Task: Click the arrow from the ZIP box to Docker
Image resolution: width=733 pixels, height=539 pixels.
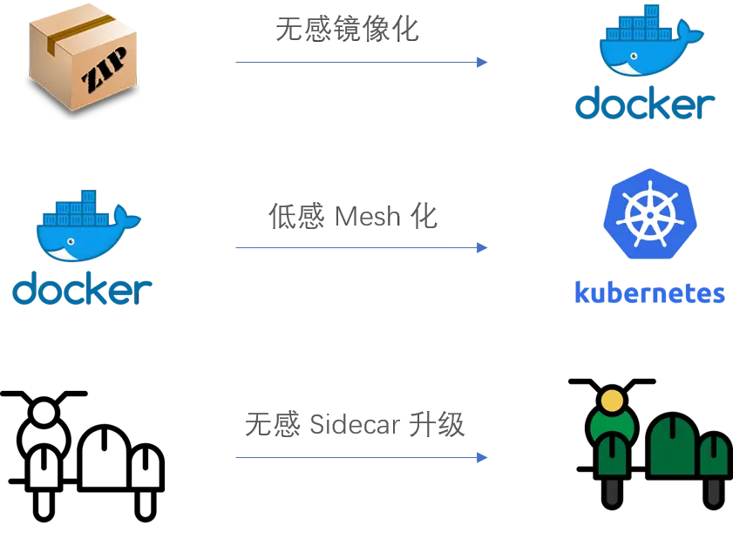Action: (x=357, y=61)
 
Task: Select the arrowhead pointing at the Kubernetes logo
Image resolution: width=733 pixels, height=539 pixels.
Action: (x=481, y=248)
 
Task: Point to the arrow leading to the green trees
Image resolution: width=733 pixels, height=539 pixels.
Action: (x=357, y=456)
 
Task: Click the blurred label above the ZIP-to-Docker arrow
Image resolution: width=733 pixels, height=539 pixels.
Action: (x=347, y=29)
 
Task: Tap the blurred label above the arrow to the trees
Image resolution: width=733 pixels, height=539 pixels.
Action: (x=355, y=426)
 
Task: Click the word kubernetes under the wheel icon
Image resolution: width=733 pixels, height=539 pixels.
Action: (x=648, y=293)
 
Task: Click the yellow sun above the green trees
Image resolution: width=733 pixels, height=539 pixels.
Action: (x=613, y=401)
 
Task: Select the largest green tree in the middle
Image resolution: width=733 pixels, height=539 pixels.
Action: (x=671, y=444)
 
